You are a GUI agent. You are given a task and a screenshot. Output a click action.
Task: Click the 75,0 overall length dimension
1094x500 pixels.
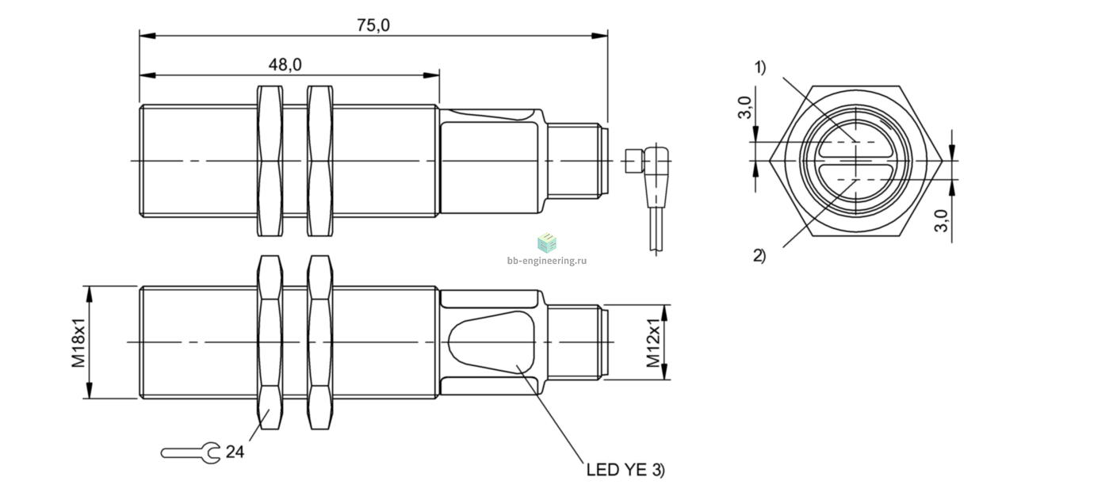[x=373, y=25]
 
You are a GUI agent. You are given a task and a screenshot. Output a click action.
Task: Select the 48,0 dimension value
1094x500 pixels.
[x=285, y=64]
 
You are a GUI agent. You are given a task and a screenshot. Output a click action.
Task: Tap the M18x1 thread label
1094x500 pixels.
[x=78, y=342]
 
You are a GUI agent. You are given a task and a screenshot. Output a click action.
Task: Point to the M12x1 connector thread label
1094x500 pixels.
[x=653, y=342]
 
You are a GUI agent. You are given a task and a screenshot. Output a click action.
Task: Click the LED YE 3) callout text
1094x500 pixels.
[x=625, y=470]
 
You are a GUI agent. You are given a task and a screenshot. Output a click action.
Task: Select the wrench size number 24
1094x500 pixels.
[x=235, y=452]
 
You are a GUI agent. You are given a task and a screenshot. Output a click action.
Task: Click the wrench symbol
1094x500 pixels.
[x=191, y=453]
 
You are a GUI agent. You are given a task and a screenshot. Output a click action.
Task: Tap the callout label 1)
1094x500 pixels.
[x=760, y=67]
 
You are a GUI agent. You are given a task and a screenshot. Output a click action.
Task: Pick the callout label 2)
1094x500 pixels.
[x=759, y=255]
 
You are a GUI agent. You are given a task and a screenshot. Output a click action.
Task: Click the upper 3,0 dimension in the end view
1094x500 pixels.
[x=744, y=108]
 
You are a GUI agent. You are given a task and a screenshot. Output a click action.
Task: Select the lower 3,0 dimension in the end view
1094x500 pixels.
[x=941, y=221]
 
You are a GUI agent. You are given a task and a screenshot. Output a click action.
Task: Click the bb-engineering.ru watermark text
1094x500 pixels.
[x=547, y=261]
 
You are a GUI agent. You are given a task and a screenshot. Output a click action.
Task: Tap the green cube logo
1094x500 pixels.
[x=547, y=242]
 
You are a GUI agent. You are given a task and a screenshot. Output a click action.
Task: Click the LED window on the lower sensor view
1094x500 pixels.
[x=492, y=342]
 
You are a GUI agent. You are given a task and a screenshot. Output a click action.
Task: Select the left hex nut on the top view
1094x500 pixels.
[x=270, y=161]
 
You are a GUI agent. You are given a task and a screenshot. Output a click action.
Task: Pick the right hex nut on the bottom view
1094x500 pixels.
[x=320, y=342]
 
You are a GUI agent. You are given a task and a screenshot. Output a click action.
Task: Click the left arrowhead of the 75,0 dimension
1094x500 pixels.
[x=147, y=36]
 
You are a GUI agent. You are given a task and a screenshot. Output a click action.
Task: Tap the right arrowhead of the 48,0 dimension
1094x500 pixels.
[x=431, y=75]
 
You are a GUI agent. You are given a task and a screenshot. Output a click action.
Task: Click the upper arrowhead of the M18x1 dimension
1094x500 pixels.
[x=89, y=295]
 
